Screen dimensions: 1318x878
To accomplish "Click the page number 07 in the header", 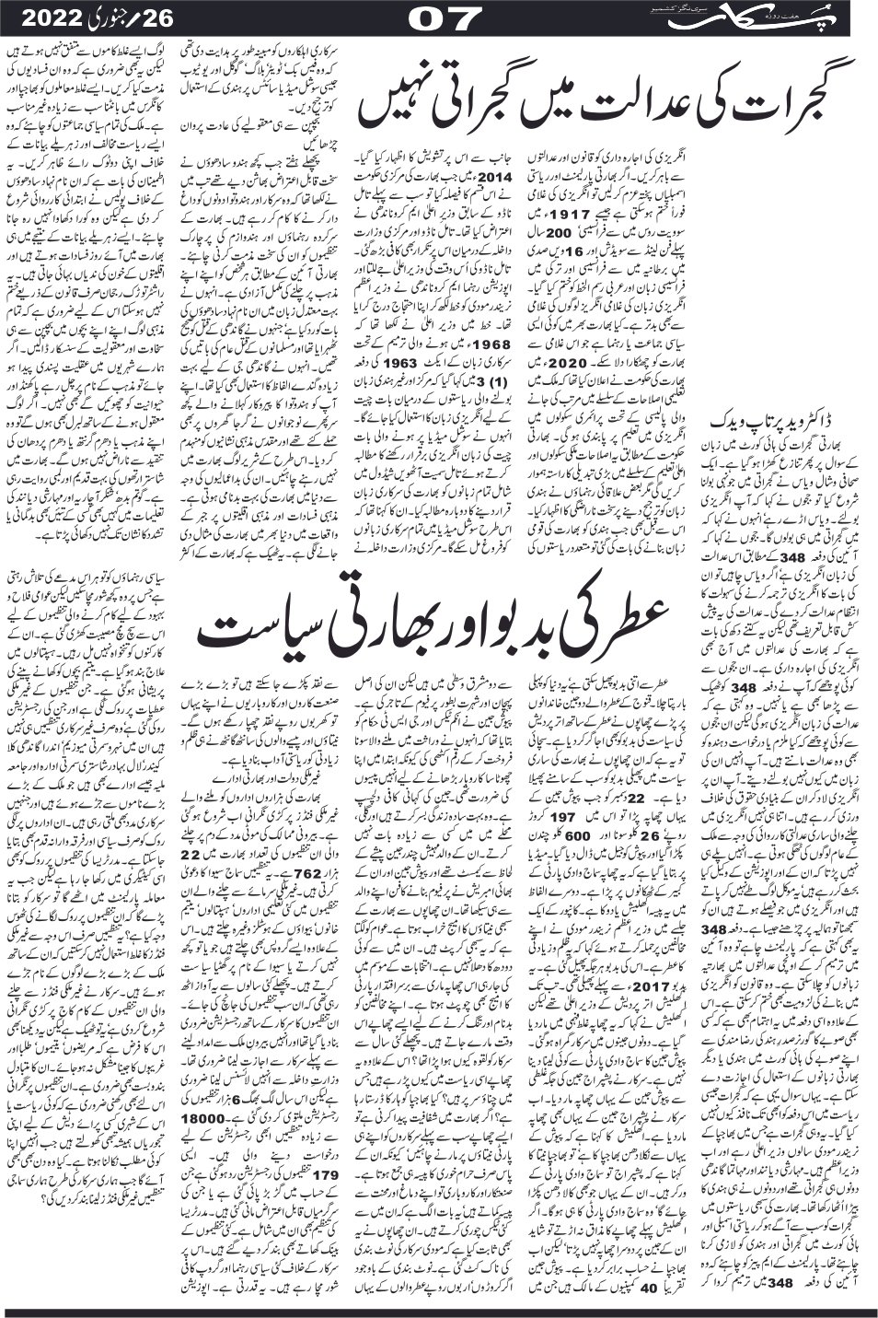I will pos(438,17).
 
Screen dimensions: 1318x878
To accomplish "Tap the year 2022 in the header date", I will pos(38,17).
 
